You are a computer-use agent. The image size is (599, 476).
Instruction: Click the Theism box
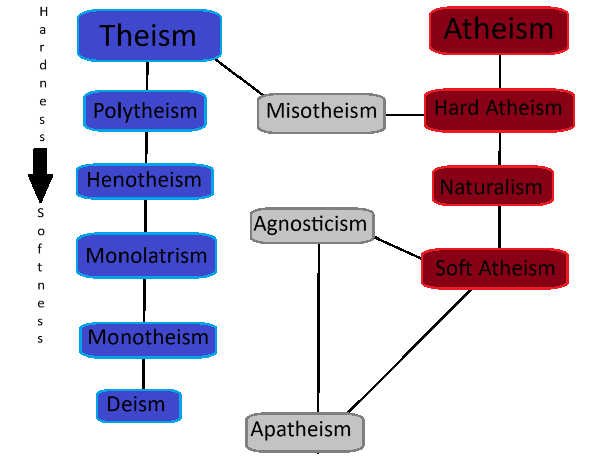(x=149, y=35)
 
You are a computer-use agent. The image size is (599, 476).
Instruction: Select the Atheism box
(x=499, y=30)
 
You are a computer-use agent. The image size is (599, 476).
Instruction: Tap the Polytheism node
(x=145, y=110)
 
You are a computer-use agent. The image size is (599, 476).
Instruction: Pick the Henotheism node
(x=145, y=180)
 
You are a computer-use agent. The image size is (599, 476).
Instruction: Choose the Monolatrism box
(x=146, y=255)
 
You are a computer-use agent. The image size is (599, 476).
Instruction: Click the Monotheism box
(x=148, y=337)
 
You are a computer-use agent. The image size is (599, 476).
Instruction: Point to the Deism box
(x=138, y=405)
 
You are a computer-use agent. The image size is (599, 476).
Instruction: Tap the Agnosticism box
(x=311, y=225)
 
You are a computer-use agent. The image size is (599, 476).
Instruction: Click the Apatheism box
(x=304, y=431)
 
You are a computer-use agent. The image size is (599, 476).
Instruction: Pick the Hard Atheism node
(x=499, y=109)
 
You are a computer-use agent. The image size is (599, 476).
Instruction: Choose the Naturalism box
(x=492, y=187)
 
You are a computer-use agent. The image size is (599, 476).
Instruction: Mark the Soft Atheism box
(x=495, y=268)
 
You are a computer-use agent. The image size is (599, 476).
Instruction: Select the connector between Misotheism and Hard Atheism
(x=405, y=115)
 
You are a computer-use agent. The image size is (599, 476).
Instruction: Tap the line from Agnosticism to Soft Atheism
(x=398, y=248)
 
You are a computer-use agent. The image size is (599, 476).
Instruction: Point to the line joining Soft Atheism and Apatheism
(x=409, y=351)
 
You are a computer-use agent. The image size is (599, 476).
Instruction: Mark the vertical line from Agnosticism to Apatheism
(x=319, y=326)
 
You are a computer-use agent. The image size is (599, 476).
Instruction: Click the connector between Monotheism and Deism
(x=143, y=374)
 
